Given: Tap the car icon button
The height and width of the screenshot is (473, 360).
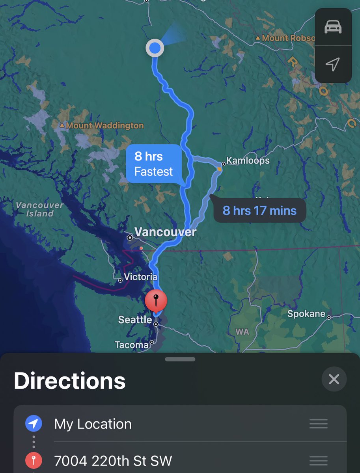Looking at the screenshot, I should [333, 27].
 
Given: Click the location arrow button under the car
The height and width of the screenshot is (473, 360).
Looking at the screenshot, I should [333, 64].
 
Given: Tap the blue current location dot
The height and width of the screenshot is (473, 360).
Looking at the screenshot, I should [155, 48].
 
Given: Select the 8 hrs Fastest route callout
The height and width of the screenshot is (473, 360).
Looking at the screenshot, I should [154, 164].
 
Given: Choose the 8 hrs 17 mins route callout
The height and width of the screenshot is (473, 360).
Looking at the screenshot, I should [259, 210].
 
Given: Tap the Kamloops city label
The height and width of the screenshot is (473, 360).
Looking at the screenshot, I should [248, 161].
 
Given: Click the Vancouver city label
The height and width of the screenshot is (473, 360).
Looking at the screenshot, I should [165, 232].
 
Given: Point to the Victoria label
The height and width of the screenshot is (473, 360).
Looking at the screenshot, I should [140, 277].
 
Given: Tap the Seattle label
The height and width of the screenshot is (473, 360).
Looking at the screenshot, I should [135, 319].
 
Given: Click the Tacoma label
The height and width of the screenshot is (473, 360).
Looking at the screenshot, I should [132, 345].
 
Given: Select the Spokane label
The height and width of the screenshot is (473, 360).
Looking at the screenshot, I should [306, 314].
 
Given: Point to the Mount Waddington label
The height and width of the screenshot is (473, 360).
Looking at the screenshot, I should [105, 126].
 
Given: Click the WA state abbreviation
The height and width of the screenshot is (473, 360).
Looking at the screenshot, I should [242, 332].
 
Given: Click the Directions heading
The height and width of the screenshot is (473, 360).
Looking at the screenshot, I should [70, 381].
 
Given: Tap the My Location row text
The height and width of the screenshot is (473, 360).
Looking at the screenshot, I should [93, 424].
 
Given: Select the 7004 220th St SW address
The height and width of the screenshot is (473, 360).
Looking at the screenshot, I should [113, 460].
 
